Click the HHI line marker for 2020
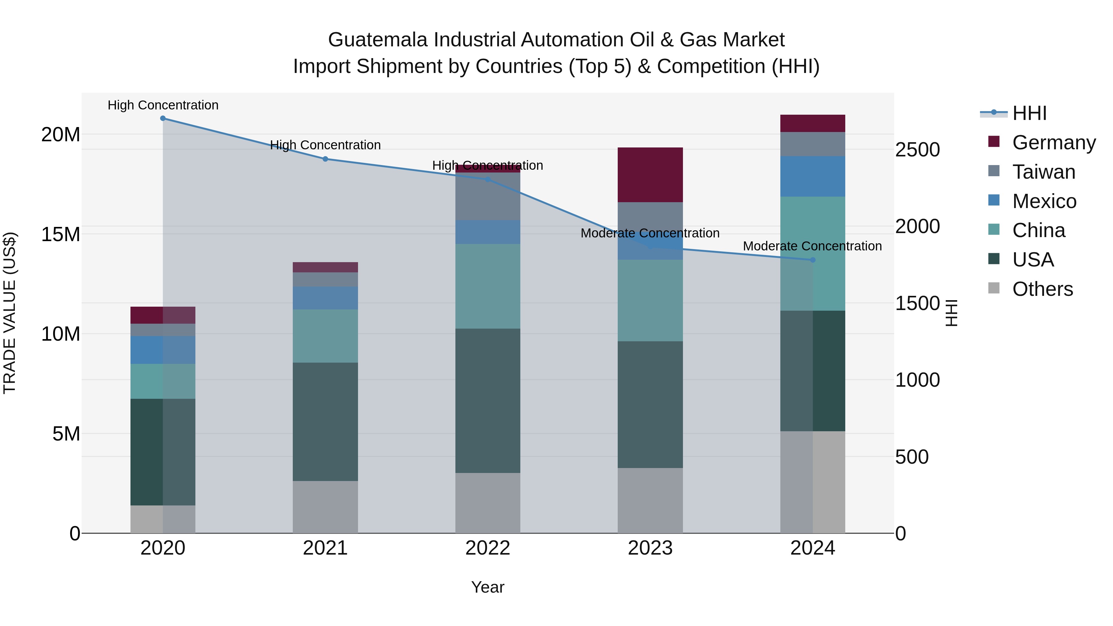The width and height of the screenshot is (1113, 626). [163, 118]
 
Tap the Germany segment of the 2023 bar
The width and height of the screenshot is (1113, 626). [650, 175]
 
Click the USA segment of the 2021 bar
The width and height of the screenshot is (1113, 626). [325, 422]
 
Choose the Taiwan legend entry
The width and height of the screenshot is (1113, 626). [1043, 172]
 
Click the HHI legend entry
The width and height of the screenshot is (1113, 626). [1029, 113]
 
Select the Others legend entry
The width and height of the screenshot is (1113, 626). [1042, 289]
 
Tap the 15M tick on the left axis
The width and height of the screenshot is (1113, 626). [61, 234]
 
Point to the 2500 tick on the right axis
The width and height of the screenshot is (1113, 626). [917, 150]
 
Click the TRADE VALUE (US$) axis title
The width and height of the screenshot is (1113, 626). [10, 313]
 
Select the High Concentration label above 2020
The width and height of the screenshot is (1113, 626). [163, 105]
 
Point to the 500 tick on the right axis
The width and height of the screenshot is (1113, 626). [912, 457]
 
